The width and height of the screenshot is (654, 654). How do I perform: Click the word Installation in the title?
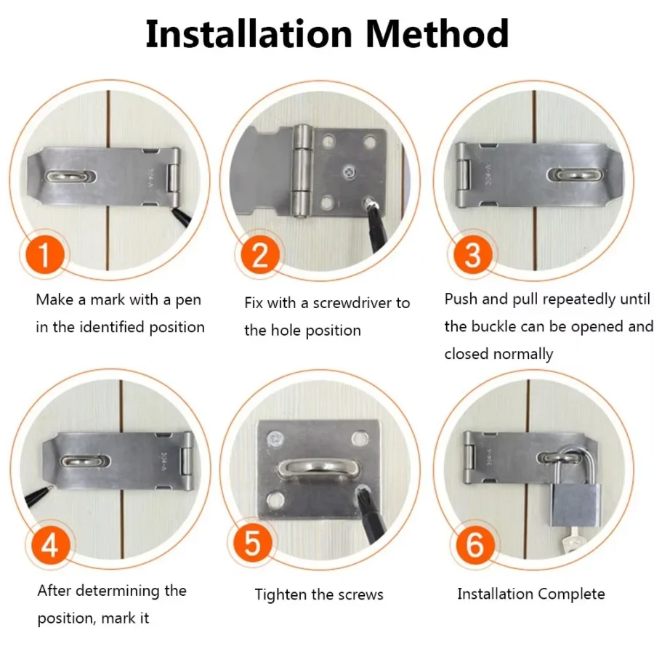click(x=249, y=33)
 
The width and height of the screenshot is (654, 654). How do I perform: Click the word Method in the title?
click(x=436, y=33)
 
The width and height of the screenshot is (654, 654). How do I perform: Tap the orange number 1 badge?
click(x=44, y=257)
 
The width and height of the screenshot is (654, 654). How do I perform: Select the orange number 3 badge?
click(x=473, y=257)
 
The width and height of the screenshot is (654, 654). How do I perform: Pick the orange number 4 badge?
click(x=49, y=546)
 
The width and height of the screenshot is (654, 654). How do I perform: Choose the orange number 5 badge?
click(x=252, y=546)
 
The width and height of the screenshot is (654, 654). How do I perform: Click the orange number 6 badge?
click(x=474, y=546)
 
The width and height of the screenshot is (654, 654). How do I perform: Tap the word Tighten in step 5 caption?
click(x=280, y=594)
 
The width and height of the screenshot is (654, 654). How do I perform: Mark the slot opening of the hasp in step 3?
click(x=575, y=175)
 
